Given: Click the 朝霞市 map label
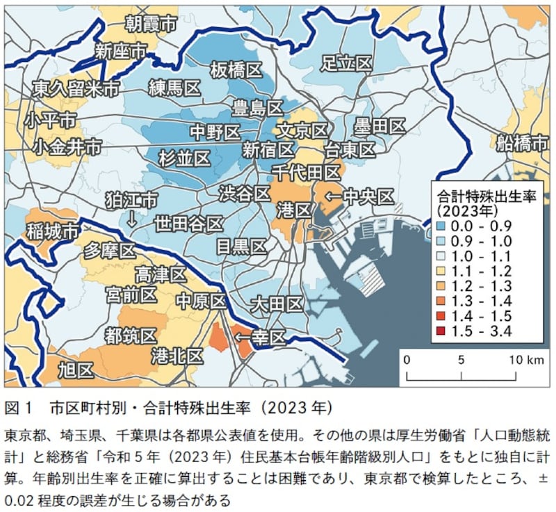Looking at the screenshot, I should pyautogui.click(x=151, y=24).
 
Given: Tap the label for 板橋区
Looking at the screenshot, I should pyautogui.click(x=236, y=69).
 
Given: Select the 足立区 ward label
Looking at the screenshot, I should pyautogui.click(x=346, y=63).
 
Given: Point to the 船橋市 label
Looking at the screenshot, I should pyautogui.click(x=523, y=143).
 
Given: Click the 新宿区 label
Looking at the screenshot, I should pyautogui.click(x=268, y=150).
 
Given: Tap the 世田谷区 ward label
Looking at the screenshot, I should pyautogui.click(x=188, y=224).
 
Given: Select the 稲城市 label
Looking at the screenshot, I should pyautogui.click(x=51, y=231).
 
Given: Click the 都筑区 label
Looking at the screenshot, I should pyautogui.click(x=129, y=336).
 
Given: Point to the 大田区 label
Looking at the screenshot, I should pyautogui.click(x=277, y=304).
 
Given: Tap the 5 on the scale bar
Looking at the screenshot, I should pyautogui.click(x=461, y=360).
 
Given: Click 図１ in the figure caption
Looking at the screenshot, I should pyautogui.click(x=19, y=406).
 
